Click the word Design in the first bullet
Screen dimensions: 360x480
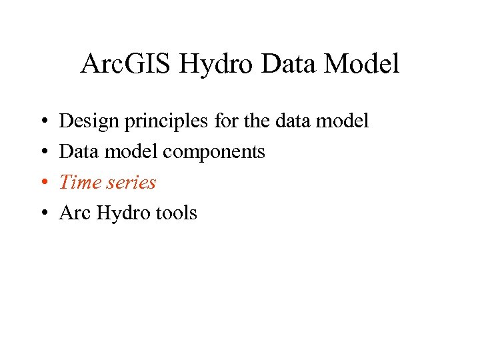[87, 122]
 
